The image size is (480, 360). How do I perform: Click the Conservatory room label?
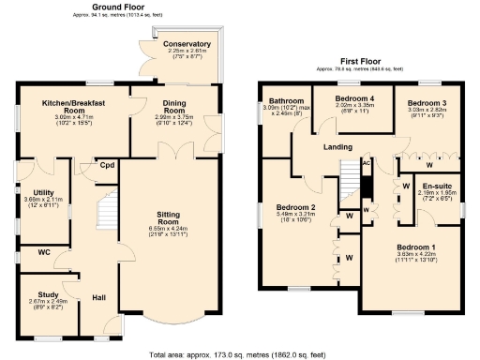coord(186,44)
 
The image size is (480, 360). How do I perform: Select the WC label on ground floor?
coord(44,252)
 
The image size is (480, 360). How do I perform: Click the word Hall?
coord(99,298)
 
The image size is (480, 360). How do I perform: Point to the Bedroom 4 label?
coord(355,97)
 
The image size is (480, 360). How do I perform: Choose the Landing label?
coord(338,146)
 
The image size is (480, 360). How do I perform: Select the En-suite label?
coord(436,186)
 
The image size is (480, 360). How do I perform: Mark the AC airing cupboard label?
coord(367,162)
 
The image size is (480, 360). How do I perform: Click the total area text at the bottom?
coord(239,354)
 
